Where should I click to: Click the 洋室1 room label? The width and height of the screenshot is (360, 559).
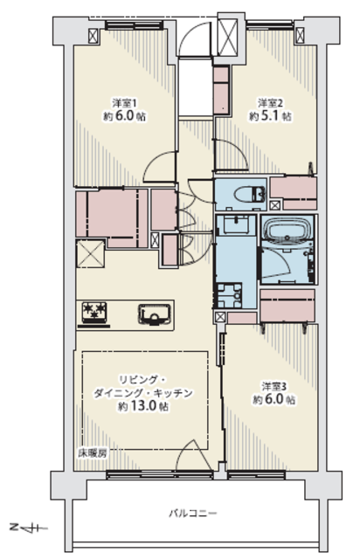coord(125,103)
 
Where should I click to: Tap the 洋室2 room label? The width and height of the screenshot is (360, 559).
coord(271,103)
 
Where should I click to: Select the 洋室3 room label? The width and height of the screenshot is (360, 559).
coord(274,386)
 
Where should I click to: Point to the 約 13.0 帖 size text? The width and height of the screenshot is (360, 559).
coord(143,406)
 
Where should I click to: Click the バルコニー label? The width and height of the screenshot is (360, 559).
coord(192,514)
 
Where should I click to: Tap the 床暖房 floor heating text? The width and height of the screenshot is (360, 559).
coord(93,453)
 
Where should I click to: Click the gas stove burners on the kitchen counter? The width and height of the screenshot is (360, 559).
coord(94,311)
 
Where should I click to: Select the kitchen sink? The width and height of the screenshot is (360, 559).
coord(155,314)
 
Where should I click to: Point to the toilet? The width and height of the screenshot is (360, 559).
coord(249,195)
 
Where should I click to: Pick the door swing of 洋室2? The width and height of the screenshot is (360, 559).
coord(232,154)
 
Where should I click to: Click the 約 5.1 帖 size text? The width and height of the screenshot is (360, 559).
coord(270,116)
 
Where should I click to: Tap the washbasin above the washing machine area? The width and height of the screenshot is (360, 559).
coord(236,224)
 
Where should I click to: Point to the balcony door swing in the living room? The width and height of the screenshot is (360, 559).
coord(193,455)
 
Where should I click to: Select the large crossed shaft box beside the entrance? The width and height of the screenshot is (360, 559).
coord(228,37)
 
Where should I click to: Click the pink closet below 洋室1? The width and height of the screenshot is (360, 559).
coord(112,218)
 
